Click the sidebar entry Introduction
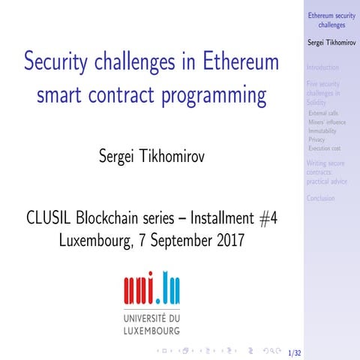tap(322, 67)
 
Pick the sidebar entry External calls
tap(323, 113)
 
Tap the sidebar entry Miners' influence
tap(327, 122)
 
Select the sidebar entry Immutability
tap(322, 130)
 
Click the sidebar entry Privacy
tap(316, 139)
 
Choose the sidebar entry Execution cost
tap(324, 148)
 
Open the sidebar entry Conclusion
tap(320, 198)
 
